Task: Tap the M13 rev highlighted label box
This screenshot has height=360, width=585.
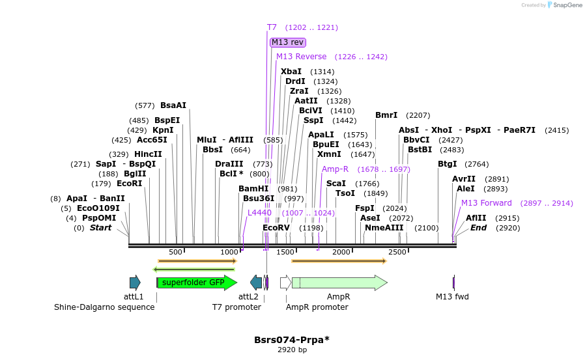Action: (x=287, y=42)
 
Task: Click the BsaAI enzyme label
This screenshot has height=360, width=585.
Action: (x=173, y=105)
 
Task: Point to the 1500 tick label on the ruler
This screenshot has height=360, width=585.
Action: (x=286, y=252)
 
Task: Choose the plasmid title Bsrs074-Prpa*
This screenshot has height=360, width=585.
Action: (x=291, y=340)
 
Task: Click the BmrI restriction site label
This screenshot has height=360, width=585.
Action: (x=386, y=115)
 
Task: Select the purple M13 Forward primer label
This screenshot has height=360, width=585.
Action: (x=487, y=203)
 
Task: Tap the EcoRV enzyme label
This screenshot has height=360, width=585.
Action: (x=276, y=228)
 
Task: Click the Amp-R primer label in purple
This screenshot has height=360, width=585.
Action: (x=335, y=169)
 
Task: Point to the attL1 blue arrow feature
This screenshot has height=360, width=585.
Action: (x=135, y=282)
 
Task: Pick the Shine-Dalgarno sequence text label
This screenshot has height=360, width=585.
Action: (x=104, y=307)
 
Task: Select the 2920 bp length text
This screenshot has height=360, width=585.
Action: (x=292, y=350)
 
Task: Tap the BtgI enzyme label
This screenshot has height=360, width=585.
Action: (x=447, y=164)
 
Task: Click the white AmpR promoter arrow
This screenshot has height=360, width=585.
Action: (x=285, y=282)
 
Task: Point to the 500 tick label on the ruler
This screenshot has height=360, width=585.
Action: (x=176, y=252)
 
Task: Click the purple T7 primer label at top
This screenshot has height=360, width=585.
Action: (x=272, y=27)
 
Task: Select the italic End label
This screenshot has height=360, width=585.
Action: (x=478, y=228)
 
